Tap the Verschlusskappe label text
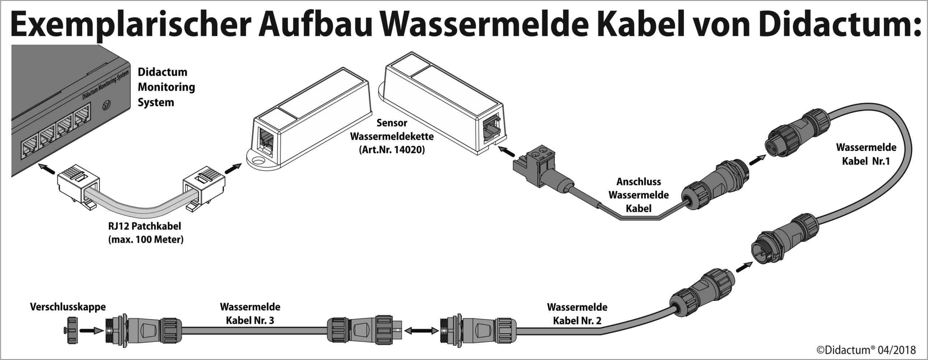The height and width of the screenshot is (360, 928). click(68, 307)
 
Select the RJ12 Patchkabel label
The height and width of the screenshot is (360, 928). click(145, 226)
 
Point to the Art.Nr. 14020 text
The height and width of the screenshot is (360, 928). click(391, 149)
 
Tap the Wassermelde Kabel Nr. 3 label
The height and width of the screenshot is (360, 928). click(250, 314)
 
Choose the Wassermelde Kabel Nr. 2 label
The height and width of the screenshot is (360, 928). click(577, 314)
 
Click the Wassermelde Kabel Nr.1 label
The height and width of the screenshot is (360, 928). click(866, 154)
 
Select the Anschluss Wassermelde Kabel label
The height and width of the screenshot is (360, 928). click(638, 195)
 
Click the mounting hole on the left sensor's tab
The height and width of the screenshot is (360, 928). click(258, 160)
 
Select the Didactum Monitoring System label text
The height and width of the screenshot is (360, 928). click(166, 87)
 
